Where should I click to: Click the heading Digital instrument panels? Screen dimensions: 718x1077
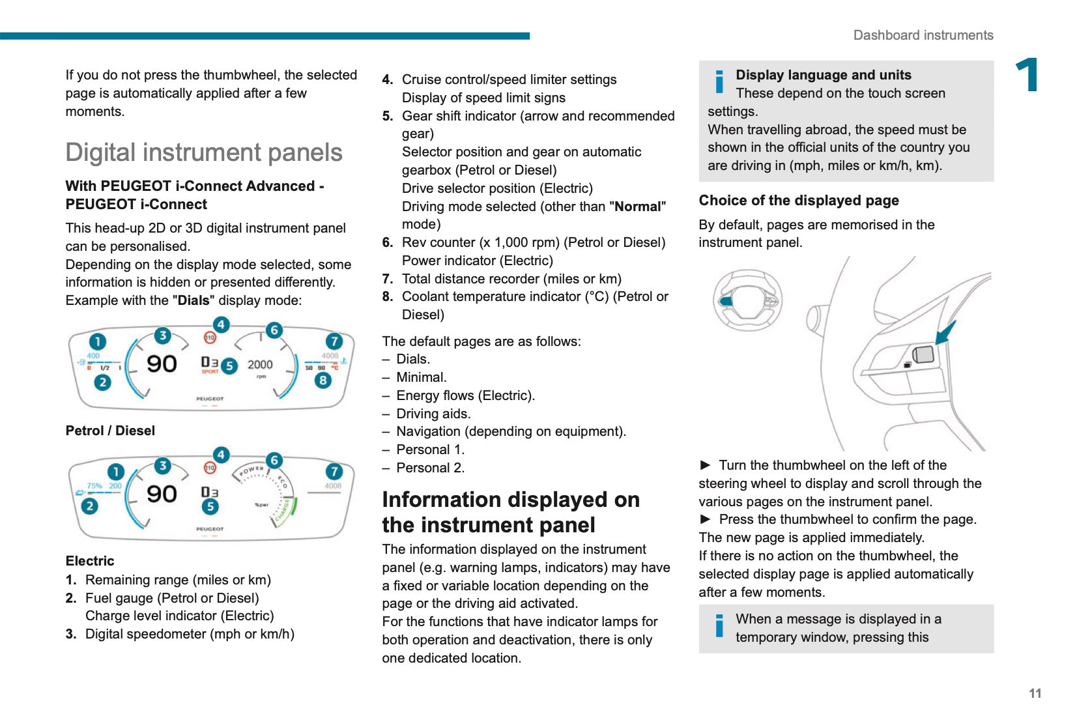pos(203,152)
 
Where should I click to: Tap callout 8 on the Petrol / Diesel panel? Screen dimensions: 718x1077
pos(323,380)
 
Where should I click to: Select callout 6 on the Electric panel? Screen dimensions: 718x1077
pos(274,460)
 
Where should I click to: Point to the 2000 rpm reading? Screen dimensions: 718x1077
pos(260,365)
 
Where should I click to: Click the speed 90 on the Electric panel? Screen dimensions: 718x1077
pos(162,494)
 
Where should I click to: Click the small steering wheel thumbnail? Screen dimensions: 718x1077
pos(747,301)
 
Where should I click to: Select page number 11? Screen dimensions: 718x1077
pos(1035,693)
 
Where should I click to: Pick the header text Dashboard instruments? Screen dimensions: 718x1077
pos(923,35)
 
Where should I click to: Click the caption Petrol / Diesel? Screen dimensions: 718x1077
pos(110,431)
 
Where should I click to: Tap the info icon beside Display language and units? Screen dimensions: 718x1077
pos(719,81)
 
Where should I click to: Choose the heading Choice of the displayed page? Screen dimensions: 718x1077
pos(798,201)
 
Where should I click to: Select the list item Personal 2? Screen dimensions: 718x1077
pos(430,468)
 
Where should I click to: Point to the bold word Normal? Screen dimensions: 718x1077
pos(637,207)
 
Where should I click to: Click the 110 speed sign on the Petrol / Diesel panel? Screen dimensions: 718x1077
pos(210,337)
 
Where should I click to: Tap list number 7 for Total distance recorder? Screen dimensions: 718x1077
pos(388,279)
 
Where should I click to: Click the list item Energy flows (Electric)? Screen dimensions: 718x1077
pos(465,395)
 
